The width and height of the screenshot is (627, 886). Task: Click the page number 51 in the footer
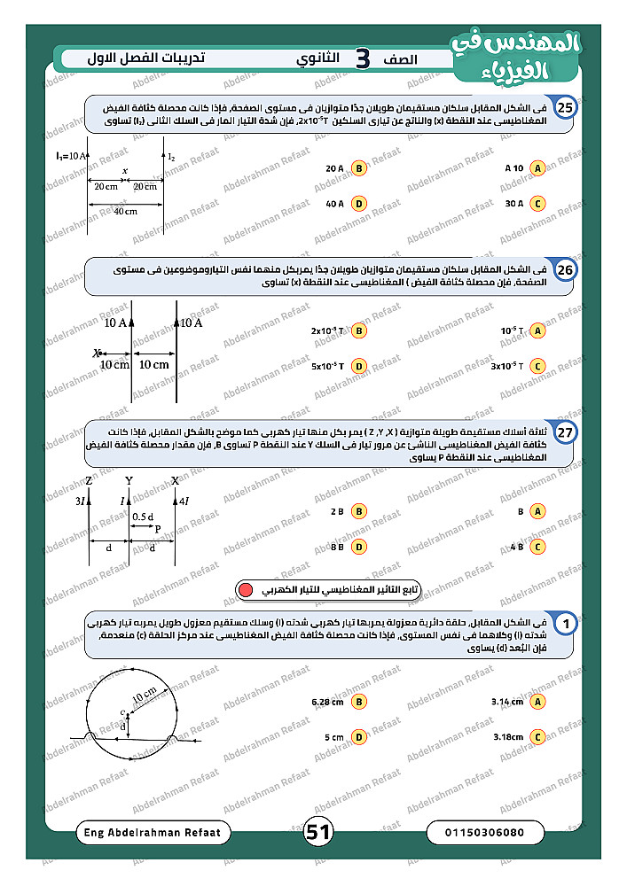[x=317, y=832]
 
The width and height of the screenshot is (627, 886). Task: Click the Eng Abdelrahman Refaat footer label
[x=153, y=833]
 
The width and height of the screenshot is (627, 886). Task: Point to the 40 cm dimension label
[x=124, y=212]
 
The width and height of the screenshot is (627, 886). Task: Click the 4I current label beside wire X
[x=184, y=501]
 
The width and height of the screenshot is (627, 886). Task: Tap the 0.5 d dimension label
[x=141, y=517]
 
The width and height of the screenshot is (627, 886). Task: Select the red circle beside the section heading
[x=246, y=588]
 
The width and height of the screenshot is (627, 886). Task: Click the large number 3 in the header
[x=362, y=58]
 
